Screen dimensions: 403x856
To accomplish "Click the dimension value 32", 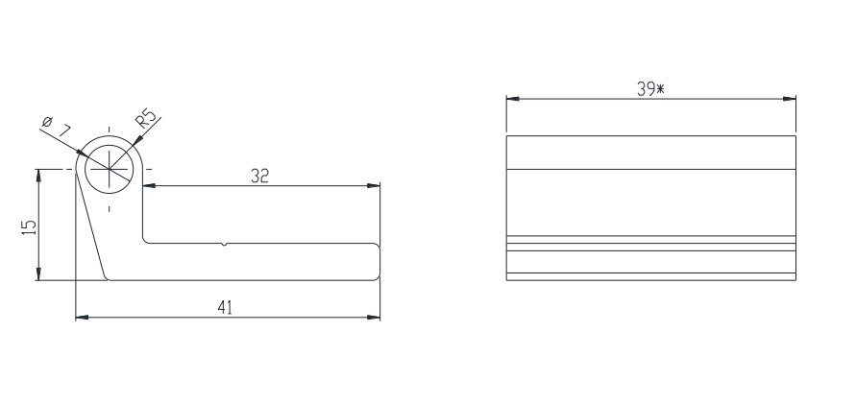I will click(x=259, y=176).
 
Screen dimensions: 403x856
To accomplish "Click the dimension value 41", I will click(x=226, y=306).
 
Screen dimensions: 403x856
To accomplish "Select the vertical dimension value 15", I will click(x=29, y=226).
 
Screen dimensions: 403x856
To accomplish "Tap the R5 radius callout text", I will click(x=147, y=118).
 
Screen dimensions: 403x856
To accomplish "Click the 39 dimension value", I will click(x=645, y=88).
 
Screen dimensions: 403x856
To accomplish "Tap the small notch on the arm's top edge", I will click(x=225, y=244).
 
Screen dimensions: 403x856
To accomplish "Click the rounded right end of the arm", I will click(x=378, y=261).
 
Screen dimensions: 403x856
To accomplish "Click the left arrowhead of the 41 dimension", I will click(x=81, y=316).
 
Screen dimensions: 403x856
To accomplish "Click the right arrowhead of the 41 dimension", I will click(x=376, y=316).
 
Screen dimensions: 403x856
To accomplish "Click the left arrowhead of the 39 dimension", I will click(x=512, y=98).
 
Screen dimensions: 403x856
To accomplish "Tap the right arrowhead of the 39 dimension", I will click(x=791, y=98).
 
